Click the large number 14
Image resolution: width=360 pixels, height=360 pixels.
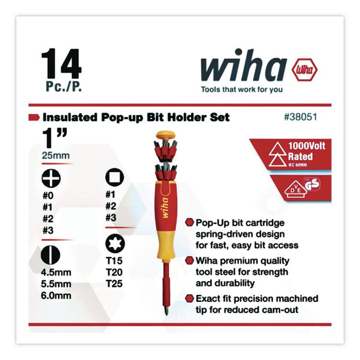click(x=61, y=64)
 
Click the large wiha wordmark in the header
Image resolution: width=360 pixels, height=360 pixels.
click(x=243, y=67)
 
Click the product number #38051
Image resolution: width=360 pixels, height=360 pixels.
click(x=300, y=117)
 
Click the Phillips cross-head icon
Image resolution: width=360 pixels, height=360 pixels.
click(x=51, y=178)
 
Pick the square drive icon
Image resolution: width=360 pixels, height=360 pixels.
click(x=114, y=178)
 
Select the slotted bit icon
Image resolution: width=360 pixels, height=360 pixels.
click(x=51, y=255)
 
